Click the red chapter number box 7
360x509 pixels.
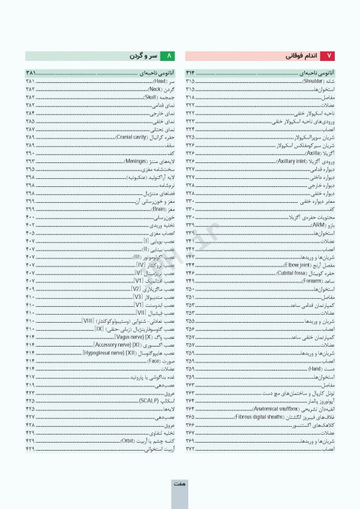331,56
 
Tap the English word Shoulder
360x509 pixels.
314,82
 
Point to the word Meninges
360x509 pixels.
133,161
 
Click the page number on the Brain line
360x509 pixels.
30,209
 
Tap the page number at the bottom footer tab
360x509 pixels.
179,484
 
